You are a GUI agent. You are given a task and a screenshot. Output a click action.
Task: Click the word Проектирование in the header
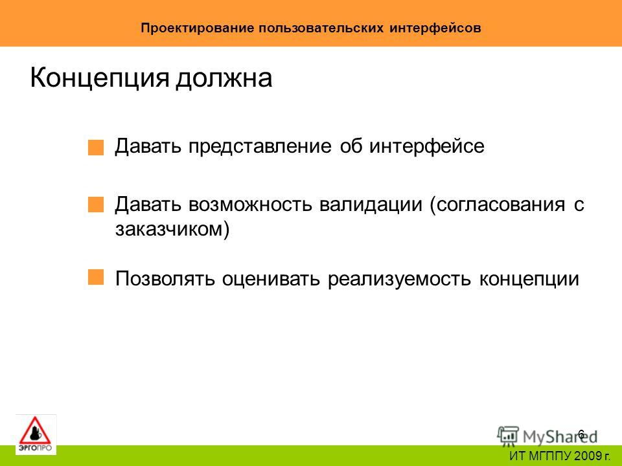tap(197, 28)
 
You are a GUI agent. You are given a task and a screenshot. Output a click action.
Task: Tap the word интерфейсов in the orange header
tap(435, 28)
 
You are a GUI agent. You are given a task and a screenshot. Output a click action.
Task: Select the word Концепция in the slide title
tap(100, 78)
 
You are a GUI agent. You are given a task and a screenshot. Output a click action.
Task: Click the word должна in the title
tap(224, 78)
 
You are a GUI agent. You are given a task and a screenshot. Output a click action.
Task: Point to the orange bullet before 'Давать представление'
tap(96, 148)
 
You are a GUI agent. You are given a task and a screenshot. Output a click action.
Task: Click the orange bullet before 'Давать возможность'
tap(96, 205)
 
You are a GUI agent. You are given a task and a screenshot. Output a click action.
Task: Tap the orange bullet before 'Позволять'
tap(96, 278)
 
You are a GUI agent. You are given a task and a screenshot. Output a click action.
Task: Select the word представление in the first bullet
tap(260, 147)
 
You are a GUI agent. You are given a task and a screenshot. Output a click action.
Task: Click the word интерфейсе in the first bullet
tap(427, 146)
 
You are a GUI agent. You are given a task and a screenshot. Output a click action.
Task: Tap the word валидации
tap(371, 205)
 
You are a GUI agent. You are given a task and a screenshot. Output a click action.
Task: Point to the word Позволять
tap(165, 278)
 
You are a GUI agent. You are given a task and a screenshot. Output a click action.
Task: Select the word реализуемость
tap(400, 279)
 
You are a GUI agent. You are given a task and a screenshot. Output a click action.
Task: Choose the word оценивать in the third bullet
tap(271, 279)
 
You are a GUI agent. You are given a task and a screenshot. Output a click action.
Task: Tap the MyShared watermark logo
tap(547, 436)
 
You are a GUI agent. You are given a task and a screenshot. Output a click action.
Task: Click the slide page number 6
tap(581, 434)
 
